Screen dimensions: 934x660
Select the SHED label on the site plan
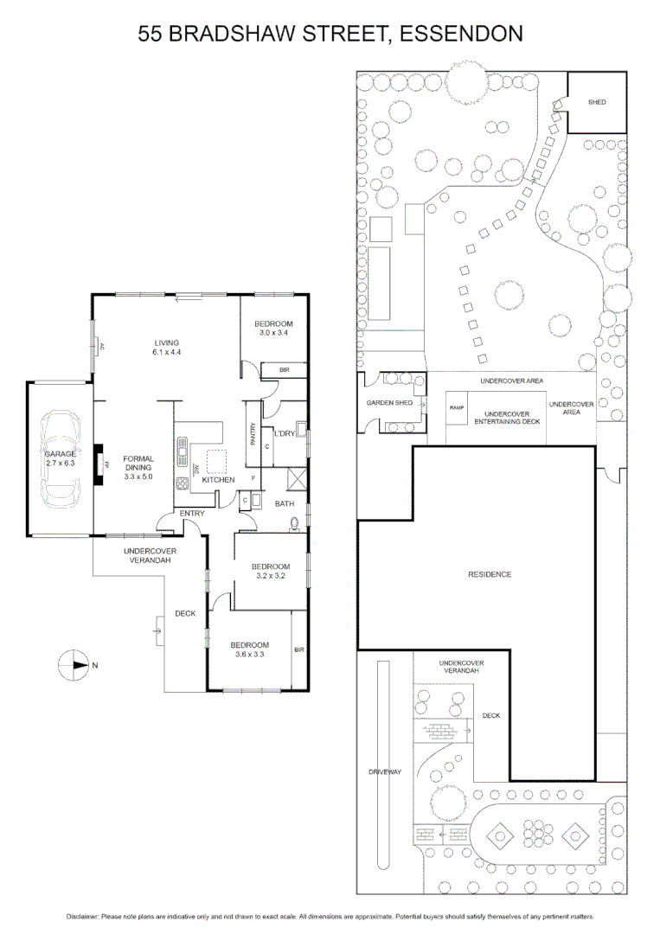[597, 102]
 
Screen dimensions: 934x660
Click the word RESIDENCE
[490, 574]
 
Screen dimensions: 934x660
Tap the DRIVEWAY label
[386, 771]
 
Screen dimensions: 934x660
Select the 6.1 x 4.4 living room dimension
[166, 352]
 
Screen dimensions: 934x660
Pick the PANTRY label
[253, 432]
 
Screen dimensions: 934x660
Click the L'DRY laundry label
[285, 433]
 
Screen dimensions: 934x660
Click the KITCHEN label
[219, 479]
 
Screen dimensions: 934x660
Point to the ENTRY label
[191, 514]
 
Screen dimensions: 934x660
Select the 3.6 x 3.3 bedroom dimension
[249, 655]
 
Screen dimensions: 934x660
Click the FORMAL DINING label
[138, 464]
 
